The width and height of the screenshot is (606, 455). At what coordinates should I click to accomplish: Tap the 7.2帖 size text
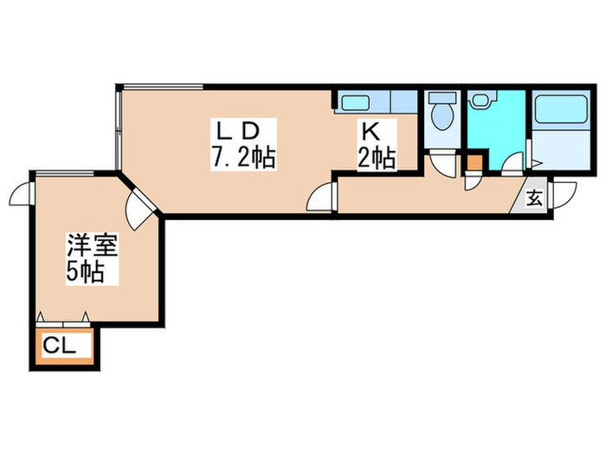(x=242, y=158)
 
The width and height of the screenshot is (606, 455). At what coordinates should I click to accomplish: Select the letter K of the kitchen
(x=371, y=133)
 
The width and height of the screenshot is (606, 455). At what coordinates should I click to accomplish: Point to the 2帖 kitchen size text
(x=377, y=159)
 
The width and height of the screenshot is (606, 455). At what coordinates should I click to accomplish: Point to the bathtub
(x=559, y=112)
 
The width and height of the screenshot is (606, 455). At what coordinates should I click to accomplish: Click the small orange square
(x=473, y=160)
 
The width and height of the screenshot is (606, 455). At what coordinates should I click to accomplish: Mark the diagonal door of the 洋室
(x=139, y=206)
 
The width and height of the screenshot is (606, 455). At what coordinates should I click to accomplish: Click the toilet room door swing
(x=442, y=164)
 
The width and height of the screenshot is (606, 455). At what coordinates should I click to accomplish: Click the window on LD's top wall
(x=162, y=85)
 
